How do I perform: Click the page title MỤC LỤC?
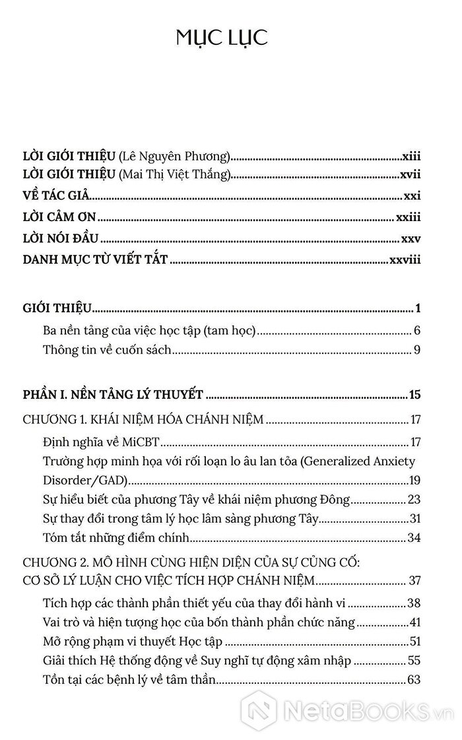pyautogui.click(x=222, y=38)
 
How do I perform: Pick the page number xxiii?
pyautogui.click(x=408, y=217)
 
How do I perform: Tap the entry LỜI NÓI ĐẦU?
pyautogui.click(x=61, y=239)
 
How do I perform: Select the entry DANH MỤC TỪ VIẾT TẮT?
pyautogui.click(x=95, y=261)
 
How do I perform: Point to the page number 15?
pyautogui.click(x=414, y=395)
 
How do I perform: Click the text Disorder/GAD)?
pyautogui.click(x=84, y=479)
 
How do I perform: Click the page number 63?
pyautogui.click(x=414, y=679)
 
